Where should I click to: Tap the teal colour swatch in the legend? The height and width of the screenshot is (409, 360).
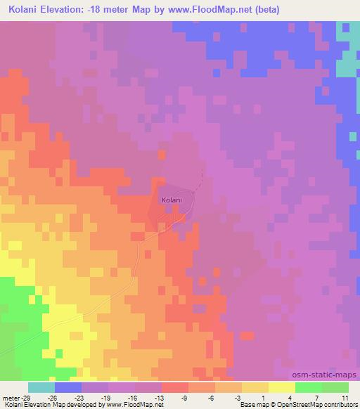pyautogui.click(x=41, y=387)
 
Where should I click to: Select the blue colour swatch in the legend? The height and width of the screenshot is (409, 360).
pyautogui.click(x=68, y=387)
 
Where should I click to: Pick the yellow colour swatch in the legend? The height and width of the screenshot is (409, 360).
pyautogui.click(x=282, y=387)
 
